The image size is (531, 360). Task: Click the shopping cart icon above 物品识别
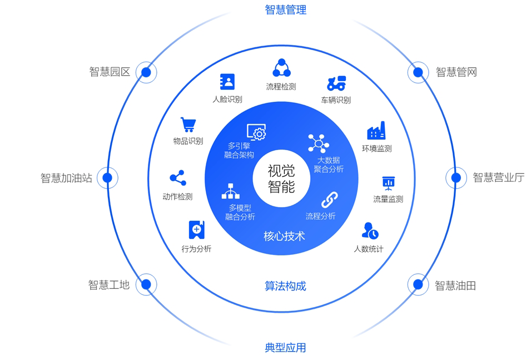point(188,125)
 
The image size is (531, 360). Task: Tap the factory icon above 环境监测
point(376,131)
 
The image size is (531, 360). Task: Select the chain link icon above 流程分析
point(330,200)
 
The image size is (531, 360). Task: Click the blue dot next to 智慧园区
point(146,72)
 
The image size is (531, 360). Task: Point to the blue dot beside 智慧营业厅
point(456,177)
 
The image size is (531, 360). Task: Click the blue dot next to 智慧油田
point(418,284)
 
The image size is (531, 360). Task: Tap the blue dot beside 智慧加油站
point(107,177)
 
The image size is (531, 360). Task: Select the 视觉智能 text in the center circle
point(281,179)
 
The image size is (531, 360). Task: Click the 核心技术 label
point(285,236)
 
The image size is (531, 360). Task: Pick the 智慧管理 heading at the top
point(285,9)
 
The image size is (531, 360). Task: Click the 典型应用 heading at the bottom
point(285,348)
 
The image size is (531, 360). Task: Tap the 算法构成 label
point(285,286)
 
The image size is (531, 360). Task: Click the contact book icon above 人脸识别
point(227,82)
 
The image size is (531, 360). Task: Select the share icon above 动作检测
point(178,178)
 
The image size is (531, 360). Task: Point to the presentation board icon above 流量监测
point(389,184)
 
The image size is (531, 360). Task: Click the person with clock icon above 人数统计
point(370,231)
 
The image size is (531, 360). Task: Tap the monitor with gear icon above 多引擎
point(256,132)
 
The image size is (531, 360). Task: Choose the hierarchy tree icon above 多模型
point(231,191)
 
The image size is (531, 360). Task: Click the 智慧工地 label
point(109,285)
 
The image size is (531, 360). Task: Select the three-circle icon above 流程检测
point(282,68)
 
